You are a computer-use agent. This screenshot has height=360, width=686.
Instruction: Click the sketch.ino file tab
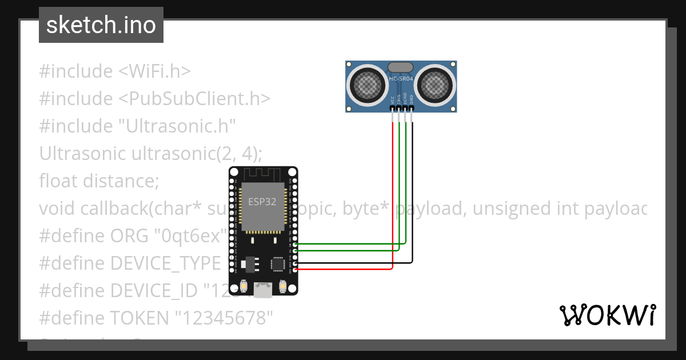101,25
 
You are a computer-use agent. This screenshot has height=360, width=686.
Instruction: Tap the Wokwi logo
607,315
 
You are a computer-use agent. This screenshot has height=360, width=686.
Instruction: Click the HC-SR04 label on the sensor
401,79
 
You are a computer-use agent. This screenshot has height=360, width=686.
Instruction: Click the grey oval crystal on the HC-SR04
401,68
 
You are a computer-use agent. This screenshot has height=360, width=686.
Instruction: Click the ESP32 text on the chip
262,201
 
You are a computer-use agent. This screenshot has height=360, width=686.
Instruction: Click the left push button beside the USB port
244,285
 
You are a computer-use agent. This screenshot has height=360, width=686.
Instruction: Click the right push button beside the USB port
282,285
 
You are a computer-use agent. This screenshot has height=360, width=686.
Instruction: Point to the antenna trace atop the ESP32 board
263,173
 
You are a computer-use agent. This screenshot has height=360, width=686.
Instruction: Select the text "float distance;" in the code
99,181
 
